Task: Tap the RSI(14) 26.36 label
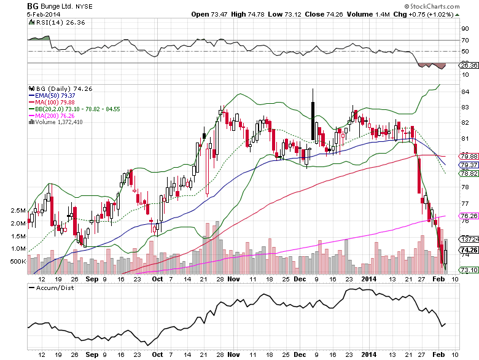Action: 52,23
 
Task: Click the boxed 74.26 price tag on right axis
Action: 469,250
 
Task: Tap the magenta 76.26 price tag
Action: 469,216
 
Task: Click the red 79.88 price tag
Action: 469,156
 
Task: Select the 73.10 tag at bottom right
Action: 469,270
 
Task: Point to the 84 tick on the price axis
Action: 465,92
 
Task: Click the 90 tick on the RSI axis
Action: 465,28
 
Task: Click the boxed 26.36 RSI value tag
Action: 469,65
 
